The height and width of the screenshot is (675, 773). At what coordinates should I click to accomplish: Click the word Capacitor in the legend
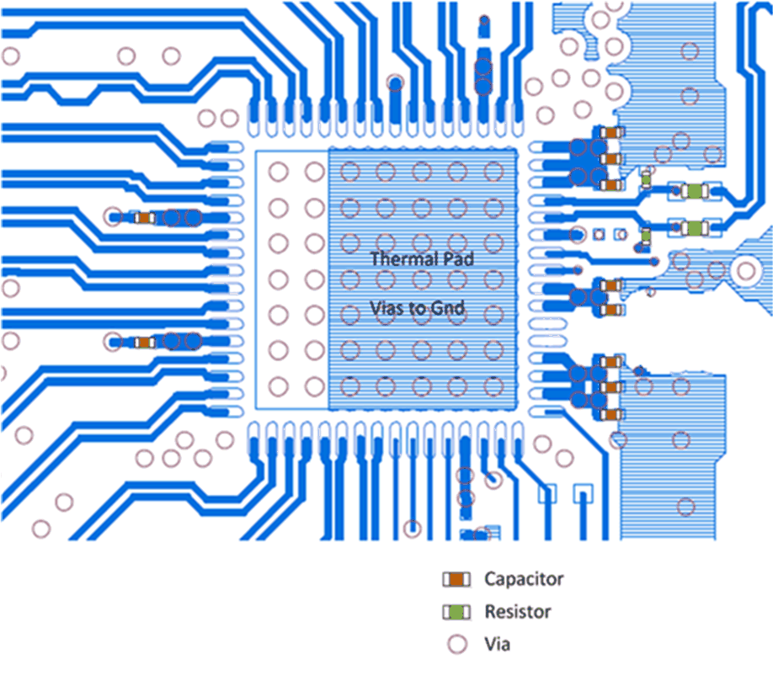(x=523, y=579)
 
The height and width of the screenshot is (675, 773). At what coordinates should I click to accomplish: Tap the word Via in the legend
(x=497, y=645)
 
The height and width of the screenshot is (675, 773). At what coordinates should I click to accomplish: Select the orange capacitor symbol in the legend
(x=456, y=580)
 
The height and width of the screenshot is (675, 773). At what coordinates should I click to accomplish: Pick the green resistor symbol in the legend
(x=456, y=612)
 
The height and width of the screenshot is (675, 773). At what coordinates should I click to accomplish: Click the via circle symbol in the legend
(x=456, y=645)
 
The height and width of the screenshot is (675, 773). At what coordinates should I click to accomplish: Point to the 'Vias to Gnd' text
(x=418, y=309)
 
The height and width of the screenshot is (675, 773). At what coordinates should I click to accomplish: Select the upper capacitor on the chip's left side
(x=144, y=218)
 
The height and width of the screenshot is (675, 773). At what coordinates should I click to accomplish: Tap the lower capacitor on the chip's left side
(x=144, y=342)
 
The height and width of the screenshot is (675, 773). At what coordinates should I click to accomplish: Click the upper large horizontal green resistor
(x=694, y=192)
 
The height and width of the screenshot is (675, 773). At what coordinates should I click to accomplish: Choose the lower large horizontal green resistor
(x=694, y=228)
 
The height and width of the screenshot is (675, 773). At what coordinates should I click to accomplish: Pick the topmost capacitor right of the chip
(x=613, y=132)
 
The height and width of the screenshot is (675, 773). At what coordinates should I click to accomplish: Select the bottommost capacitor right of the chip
(x=613, y=413)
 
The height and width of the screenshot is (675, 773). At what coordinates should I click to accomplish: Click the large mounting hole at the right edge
(x=745, y=270)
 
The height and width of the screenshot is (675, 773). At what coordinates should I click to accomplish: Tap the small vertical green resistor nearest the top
(x=646, y=178)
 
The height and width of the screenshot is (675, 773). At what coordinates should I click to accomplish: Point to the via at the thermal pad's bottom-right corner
(x=493, y=385)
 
